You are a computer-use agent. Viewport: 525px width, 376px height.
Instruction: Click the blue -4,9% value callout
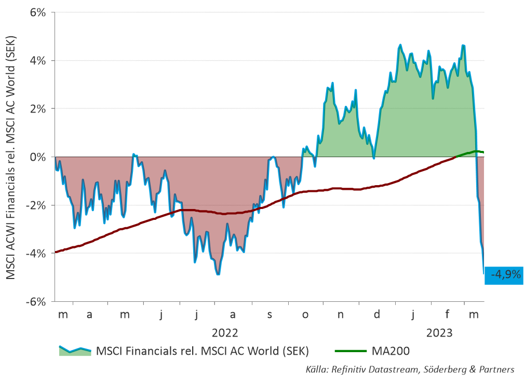coord(504,275)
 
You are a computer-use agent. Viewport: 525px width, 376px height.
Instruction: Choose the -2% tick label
coord(36,205)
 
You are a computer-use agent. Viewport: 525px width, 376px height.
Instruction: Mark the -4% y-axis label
coord(36,254)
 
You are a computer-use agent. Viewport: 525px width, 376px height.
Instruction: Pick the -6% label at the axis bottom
coord(36,302)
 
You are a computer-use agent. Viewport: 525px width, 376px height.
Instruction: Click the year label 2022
coord(225,333)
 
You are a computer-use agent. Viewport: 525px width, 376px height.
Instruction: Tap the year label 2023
coord(439,333)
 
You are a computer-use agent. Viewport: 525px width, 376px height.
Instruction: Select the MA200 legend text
coord(391,351)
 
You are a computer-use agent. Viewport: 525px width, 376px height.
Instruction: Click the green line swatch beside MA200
coord(351,351)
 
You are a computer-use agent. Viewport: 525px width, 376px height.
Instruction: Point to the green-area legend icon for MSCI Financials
coord(75,351)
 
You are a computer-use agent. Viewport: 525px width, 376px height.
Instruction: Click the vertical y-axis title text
coord(11,157)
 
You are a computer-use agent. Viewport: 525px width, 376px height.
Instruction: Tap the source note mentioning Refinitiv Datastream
coord(410,369)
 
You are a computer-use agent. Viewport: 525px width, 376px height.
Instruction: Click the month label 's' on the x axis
coord(270,315)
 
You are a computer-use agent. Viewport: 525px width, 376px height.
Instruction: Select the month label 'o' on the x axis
coord(305,315)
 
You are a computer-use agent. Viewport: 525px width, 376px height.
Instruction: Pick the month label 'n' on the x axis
coord(341,315)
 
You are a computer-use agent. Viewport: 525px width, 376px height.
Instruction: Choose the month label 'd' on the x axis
coord(377,314)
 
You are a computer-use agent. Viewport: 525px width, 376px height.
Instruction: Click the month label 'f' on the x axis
coord(447,314)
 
